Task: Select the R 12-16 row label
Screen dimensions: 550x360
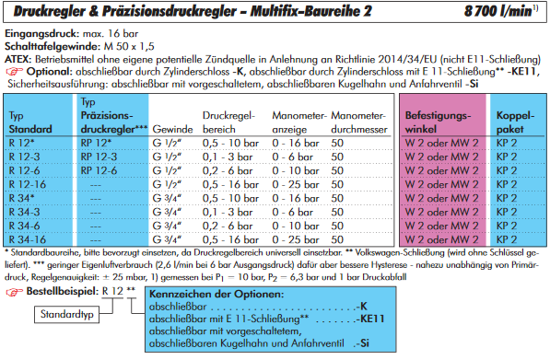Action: pos(28,184)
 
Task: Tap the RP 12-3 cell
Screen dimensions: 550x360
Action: pos(99,157)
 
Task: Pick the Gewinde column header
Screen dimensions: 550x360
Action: pos(172,129)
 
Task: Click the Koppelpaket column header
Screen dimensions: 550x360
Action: pos(515,122)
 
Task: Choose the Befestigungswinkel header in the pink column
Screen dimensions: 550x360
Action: pos(438,122)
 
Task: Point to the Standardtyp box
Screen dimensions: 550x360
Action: pos(66,314)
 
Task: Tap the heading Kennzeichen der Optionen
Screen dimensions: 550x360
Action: pos(216,294)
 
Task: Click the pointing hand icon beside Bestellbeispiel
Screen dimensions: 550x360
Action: pos(14,292)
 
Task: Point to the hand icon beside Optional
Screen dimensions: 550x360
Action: pos(14,72)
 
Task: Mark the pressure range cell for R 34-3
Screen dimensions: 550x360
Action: pos(228,212)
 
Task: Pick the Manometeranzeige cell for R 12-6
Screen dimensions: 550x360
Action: pos(296,170)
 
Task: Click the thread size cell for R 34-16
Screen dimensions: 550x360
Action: pos(167,239)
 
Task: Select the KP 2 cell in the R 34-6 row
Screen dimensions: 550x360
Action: pos(507,226)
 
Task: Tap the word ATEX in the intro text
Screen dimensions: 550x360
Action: pos(18,59)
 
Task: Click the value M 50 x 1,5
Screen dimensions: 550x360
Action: pos(129,46)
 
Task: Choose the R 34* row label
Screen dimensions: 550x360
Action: pos(21,198)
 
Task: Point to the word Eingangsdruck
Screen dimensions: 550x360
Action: pos(41,34)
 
